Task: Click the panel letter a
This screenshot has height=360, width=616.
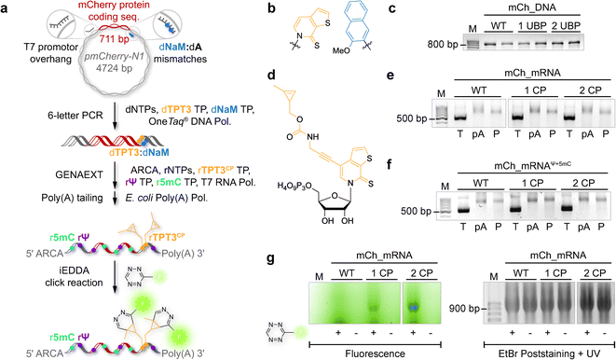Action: (7, 8)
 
